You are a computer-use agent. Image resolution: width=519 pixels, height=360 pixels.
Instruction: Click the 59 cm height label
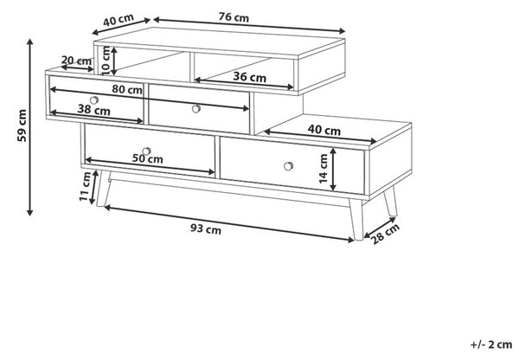[x=22, y=125]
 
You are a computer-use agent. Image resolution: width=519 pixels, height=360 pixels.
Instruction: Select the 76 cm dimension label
[x=234, y=17]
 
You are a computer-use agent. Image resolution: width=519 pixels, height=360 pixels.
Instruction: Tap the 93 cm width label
[x=206, y=228]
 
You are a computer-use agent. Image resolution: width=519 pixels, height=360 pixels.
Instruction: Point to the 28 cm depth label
[x=385, y=234]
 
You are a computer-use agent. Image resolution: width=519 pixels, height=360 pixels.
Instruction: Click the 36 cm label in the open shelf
[x=250, y=77]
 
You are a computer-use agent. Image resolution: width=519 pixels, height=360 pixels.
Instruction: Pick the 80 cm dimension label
[x=127, y=89]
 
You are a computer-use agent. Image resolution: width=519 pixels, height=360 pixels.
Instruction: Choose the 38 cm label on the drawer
[x=93, y=109]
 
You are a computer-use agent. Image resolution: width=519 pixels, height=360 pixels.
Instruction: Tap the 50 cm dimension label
[x=148, y=158]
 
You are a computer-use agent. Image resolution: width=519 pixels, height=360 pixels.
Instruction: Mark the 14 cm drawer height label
[x=324, y=169]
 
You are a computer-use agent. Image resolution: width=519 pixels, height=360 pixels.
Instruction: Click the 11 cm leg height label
[x=85, y=186]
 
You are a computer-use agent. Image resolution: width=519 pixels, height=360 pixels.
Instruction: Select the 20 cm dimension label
[x=76, y=61]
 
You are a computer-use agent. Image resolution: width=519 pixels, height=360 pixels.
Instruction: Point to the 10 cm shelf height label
[x=106, y=61]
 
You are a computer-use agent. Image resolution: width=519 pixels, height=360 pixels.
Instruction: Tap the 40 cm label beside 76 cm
[x=119, y=20]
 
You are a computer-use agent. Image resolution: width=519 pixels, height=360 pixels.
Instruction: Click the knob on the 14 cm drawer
[x=288, y=166]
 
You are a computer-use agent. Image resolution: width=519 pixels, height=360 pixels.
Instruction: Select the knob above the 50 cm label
[x=146, y=151]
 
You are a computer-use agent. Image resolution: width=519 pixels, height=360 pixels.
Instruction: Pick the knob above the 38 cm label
[x=94, y=100]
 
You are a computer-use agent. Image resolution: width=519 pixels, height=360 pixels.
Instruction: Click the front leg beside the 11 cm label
[x=103, y=189]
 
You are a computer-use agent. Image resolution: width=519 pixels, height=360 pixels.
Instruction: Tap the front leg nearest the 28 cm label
[x=356, y=219]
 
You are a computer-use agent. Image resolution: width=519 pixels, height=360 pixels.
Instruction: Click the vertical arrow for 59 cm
[x=30, y=127]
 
